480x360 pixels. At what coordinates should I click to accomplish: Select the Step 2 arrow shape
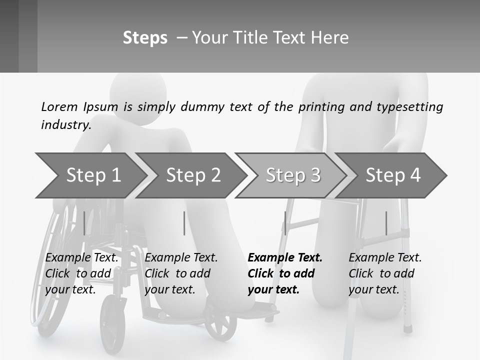tap(192, 175)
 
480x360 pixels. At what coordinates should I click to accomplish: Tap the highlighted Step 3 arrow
tap(292, 175)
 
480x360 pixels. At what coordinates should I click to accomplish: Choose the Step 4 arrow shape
tap(392, 175)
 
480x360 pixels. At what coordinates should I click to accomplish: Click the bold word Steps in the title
tap(145, 38)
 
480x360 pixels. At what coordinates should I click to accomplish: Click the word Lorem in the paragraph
tap(59, 107)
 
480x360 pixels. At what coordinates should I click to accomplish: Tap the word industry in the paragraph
tap(65, 124)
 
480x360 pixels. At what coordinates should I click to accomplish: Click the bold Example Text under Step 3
tap(285, 258)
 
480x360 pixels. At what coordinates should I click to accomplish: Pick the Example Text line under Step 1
tap(82, 258)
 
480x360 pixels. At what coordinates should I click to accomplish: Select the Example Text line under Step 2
tap(181, 258)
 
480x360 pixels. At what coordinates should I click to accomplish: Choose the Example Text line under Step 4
tap(385, 258)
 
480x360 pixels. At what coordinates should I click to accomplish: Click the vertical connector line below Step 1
tap(84, 223)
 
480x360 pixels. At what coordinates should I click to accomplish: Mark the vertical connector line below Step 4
tap(386, 223)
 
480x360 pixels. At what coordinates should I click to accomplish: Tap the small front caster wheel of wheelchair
tap(220, 324)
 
